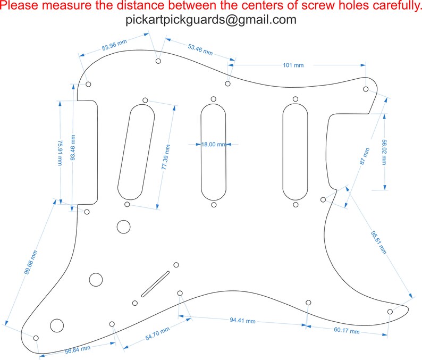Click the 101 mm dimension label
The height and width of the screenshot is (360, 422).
point(293,65)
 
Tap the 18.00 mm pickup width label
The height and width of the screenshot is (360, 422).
point(214,144)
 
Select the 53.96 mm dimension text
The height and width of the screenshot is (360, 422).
point(114,45)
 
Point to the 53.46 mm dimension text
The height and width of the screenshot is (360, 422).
point(200,49)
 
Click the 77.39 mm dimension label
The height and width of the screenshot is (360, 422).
point(166,157)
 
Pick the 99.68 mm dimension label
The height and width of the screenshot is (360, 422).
point(31,262)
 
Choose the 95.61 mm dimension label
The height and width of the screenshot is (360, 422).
point(378,242)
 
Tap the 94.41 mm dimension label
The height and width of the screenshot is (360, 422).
point(242,321)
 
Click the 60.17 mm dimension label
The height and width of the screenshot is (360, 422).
point(347,330)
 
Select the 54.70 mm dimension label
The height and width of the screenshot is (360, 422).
point(157,333)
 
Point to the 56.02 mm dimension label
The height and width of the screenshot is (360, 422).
point(384,152)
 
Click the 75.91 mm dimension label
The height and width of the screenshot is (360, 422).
point(60,153)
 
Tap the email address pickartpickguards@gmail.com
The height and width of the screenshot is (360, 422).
point(211,20)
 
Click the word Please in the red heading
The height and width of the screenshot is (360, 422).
point(19,5)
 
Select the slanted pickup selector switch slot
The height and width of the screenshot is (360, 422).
point(155,284)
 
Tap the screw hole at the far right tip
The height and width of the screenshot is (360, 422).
point(390,312)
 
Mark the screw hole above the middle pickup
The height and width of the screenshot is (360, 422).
point(214,99)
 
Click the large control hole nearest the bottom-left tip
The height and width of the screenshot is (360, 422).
point(57,325)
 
